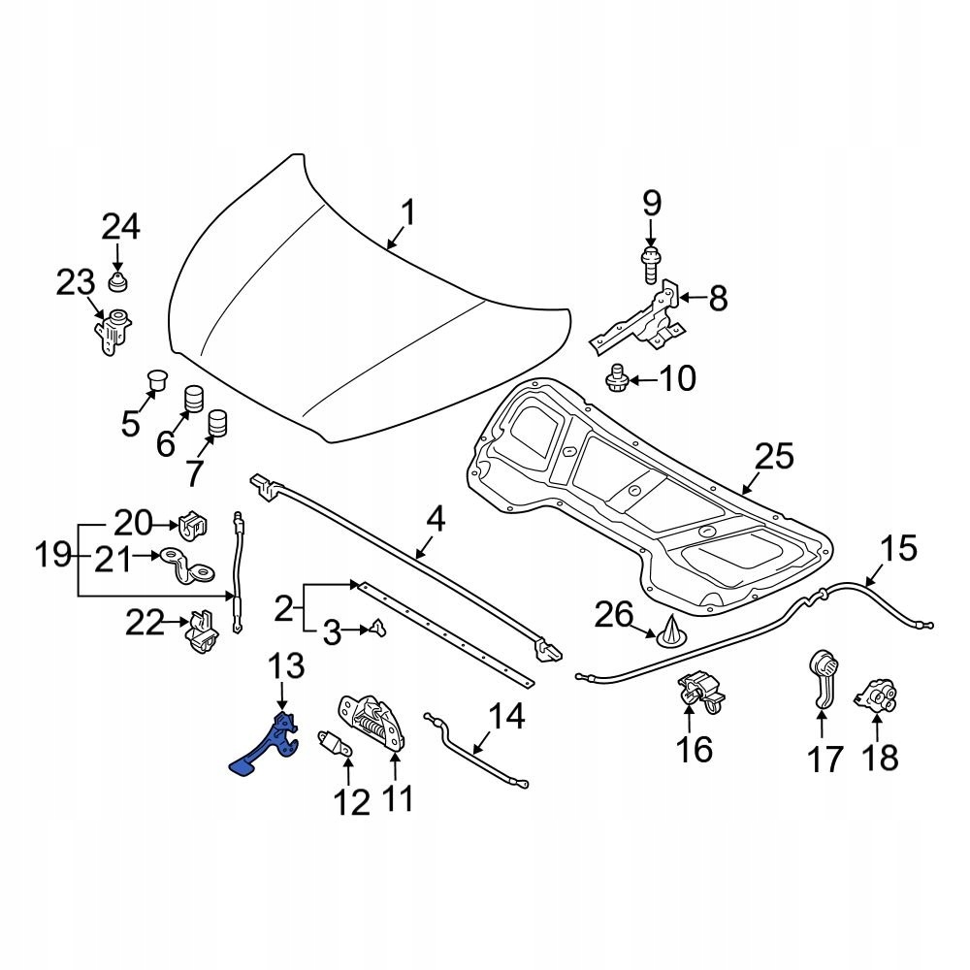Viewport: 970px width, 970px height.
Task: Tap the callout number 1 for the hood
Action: pyautogui.click(x=408, y=212)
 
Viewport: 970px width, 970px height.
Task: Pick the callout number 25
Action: pyautogui.click(x=774, y=457)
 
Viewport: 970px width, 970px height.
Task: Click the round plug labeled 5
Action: pyautogui.click(x=155, y=379)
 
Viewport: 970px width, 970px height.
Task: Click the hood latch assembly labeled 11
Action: pyautogui.click(x=371, y=723)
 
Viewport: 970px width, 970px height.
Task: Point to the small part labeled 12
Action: pyautogui.click(x=333, y=744)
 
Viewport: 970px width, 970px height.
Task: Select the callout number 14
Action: pyautogui.click(x=505, y=719)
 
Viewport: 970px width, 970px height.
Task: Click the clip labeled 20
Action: pyautogui.click(x=193, y=525)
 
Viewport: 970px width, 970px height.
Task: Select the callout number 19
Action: pyautogui.click(x=54, y=557)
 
